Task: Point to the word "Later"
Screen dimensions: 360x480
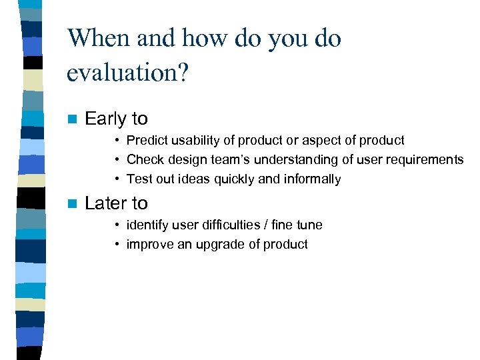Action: pos(107,203)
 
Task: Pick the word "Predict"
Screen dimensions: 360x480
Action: pos(146,140)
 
